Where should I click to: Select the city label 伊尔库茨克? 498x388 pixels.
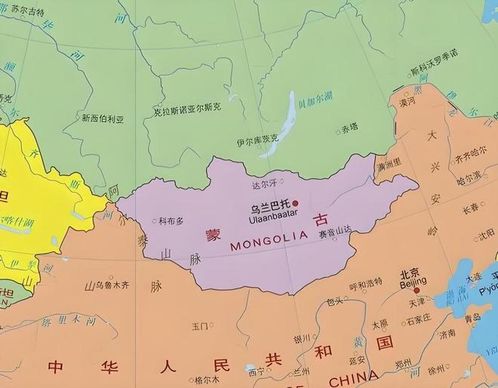pyautogui.click(x=257, y=140)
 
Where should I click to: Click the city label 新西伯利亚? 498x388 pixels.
pyautogui.click(x=103, y=119)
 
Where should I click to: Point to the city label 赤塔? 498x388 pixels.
pyautogui.click(x=349, y=128)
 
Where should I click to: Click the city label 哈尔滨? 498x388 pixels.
pyautogui.click(x=469, y=180)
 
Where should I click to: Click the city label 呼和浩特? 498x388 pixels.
pyautogui.click(x=365, y=285)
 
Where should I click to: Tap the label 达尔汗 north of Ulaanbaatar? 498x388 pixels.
pyautogui.click(x=264, y=182)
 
